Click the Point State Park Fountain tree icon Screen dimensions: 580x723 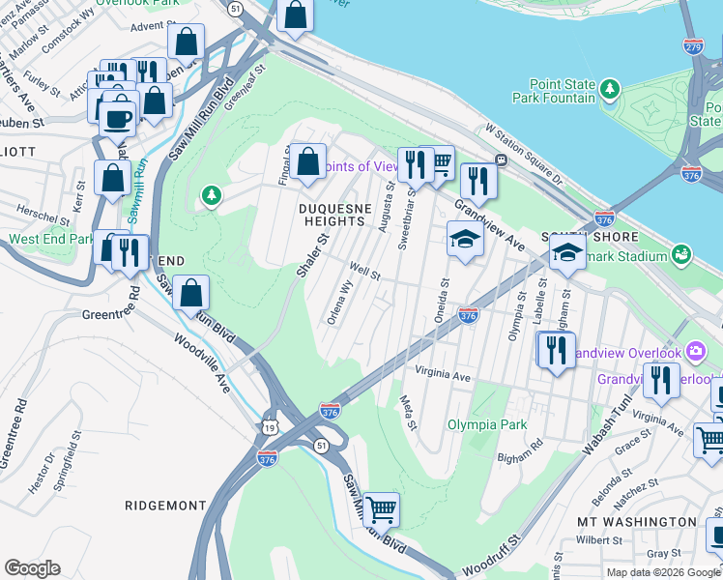pyautogui.click(x=610, y=90)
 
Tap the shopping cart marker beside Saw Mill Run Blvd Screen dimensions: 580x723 pyautogui.click(x=381, y=507)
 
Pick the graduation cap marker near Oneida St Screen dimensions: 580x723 pyautogui.click(x=465, y=239)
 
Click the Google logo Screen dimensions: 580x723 pyautogui.click(x=32, y=568)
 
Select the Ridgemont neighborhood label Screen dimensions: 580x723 pyautogui.click(x=165, y=506)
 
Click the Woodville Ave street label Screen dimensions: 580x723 pyautogui.click(x=203, y=362)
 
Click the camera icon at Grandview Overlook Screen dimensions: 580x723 pyautogui.click(x=694, y=354)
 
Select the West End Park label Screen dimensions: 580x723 pyautogui.click(x=51, y=239)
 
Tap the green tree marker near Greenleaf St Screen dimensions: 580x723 pyautogui.click(x=211, y=197)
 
